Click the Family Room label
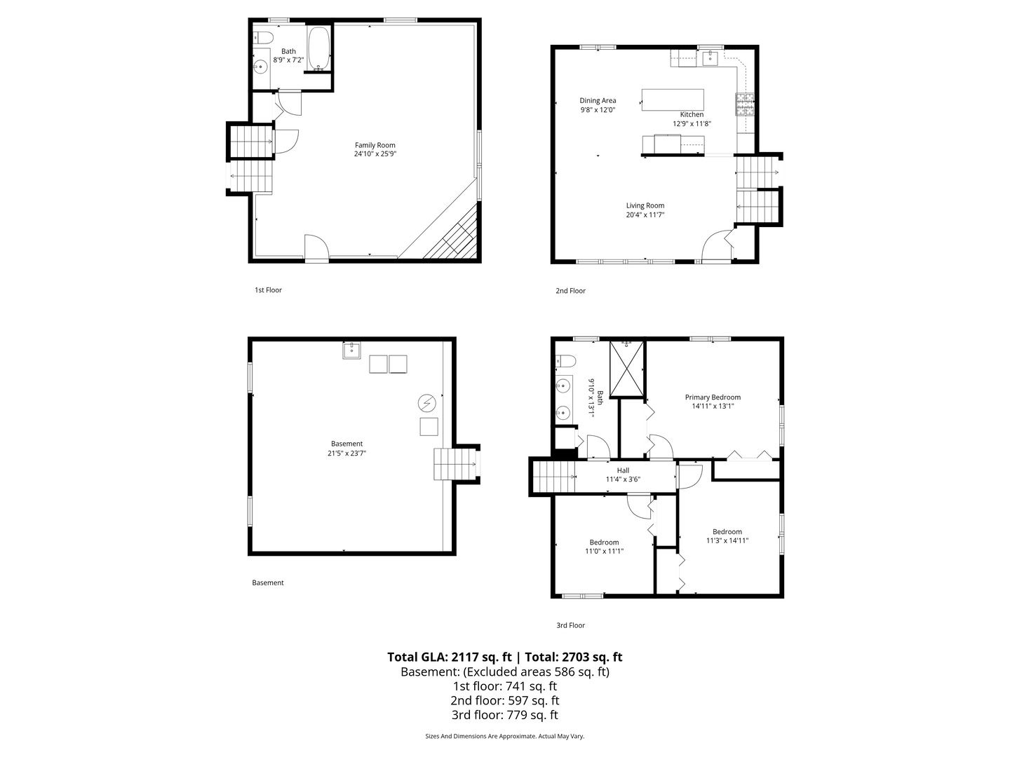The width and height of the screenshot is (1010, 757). click(375, 145)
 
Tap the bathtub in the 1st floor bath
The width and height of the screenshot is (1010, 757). click(318, 49)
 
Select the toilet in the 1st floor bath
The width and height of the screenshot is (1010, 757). click(263, 36)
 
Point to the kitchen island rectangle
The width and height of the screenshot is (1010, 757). click(672, 100)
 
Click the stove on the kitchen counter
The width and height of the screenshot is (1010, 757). click(744, 104)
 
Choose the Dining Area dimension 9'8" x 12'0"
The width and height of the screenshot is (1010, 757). click(598, 110)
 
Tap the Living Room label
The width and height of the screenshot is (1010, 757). click(645, 205)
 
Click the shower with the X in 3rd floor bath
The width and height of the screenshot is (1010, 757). click(626, 369)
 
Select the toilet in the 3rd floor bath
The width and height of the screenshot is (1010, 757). click(565, 361)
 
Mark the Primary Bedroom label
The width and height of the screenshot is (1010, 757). click(713, 397)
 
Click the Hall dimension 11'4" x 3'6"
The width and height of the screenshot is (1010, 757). click(623, 479)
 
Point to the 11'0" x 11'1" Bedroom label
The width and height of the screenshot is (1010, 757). click(604, 543)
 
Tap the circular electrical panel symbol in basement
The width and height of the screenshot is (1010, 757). click(426, 403)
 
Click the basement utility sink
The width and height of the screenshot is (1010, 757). click(351, 350)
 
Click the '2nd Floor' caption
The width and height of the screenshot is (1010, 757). click(570, 290)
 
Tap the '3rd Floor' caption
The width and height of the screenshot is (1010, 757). click(570, 625)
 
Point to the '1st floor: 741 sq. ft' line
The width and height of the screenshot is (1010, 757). click(505, 686)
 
